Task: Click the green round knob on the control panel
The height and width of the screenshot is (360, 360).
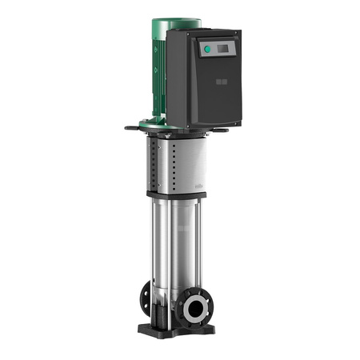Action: [x=206, y=50]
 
